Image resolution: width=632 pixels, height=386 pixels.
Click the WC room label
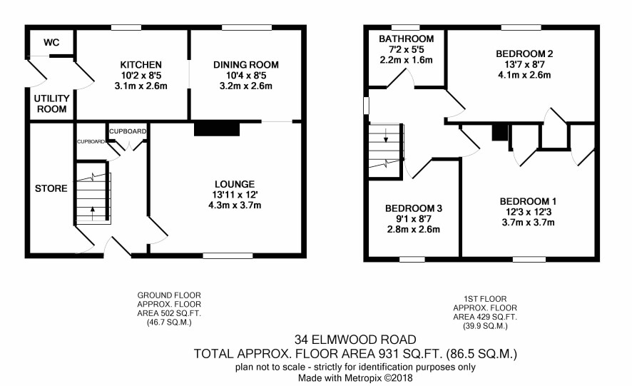pyautogui.click(x=51, y=43)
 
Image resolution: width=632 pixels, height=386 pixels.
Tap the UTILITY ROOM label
pyautogui.click(x=51, y=103)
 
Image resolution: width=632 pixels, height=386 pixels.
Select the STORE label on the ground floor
pyautogui.click(x=51, y=188)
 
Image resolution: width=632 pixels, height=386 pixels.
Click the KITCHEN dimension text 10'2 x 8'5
pyautogui.click(x=141, y=76)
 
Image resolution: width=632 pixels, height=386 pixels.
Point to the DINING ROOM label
pyautogui.click(x=246, y=65)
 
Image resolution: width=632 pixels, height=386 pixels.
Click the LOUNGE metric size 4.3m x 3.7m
pyautogui.click(x=235, y=205)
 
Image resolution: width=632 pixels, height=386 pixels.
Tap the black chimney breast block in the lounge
pyautogui.click(x=217, y=129)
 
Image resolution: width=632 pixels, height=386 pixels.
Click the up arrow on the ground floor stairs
pyautogui.click(x=93, y=213)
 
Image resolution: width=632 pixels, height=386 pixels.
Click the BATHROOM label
pyautogui.click(x=407, y=39)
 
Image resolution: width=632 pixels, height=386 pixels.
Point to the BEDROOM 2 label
pyautogui.click(x=524, y=54)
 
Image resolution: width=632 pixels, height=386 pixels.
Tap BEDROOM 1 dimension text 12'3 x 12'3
pyautogui.click(x=528, y=212)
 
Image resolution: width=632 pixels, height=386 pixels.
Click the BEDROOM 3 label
pyautogui.click(x=414, y=208)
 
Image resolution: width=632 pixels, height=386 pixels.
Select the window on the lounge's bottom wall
pyautogui.click(x=228, y=255)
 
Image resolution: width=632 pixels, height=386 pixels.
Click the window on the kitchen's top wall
pyautogui.click(x=126, y=27)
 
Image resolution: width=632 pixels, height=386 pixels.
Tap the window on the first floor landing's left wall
pyautogui.click(x=366, y=106)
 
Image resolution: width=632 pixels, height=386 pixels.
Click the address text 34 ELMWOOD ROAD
pyautogui.click(x=355, y=340)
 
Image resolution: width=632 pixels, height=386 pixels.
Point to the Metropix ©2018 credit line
pyautogui.click(x=379, y=378)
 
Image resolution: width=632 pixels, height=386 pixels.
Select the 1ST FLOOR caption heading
pyautogui.click(x=485, y=299)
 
